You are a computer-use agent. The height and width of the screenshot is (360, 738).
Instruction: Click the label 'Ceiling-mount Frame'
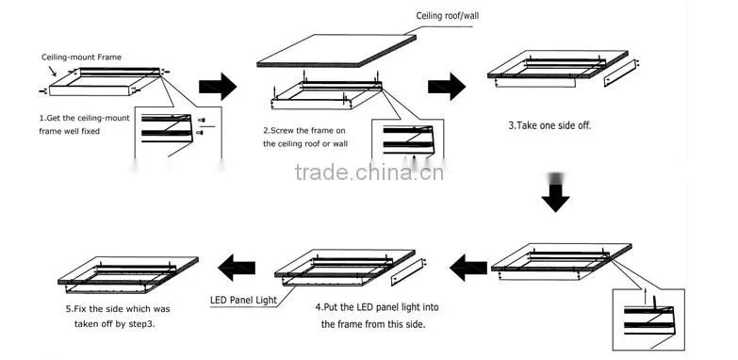click(x=81, y=57)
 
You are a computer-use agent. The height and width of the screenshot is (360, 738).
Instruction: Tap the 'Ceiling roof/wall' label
click(x=448, y=16)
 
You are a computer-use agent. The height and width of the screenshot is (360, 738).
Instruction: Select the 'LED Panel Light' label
click(x=244, y=301)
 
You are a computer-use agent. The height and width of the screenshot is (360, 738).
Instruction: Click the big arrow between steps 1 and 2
click(x=218, y=87)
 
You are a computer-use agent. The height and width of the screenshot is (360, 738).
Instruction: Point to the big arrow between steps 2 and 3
click(x=447, y=87)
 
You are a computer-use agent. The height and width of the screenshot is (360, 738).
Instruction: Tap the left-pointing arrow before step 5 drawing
click(x=237, y=268)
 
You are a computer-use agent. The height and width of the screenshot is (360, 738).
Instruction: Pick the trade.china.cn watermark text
click(x=369, y=172)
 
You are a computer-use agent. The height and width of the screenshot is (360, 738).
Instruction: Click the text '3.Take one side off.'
click(x=549, y=125)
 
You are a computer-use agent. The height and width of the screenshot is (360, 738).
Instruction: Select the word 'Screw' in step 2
click(x=284, y=130)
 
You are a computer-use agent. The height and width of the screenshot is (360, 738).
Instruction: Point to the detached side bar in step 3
click(x=620, y=73)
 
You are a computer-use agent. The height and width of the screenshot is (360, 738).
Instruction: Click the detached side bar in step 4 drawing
click(x=407, y=272)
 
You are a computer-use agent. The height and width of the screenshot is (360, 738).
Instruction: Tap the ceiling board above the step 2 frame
click(x=336, y=51)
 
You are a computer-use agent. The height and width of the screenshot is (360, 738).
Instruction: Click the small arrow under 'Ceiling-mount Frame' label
click(x=52, y=71)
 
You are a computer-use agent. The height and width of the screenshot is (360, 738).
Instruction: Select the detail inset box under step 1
click(x=178, y=134)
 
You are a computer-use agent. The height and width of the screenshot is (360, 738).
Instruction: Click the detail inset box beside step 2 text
click(x=407, y=139)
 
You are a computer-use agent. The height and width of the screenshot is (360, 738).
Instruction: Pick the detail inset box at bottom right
click(x=648, y=319)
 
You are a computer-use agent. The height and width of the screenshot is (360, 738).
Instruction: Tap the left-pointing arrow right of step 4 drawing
click(x=468, y=268)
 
